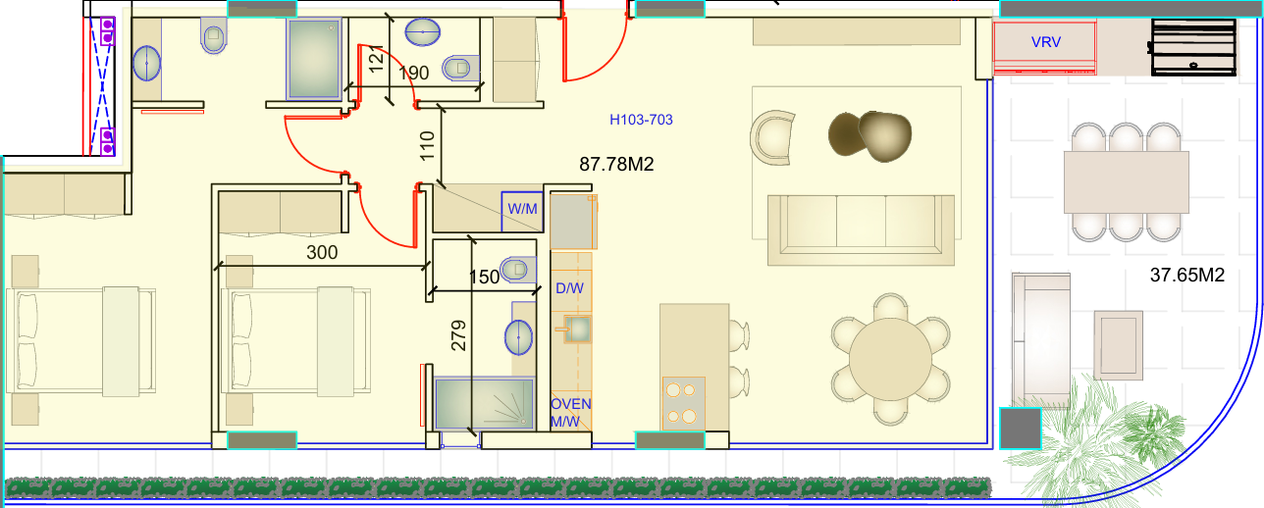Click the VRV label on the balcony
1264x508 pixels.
coord(1045,42)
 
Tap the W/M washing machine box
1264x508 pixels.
coord(522,212)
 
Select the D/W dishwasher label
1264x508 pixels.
coord(569,288)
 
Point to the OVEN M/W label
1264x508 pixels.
coord(570,413)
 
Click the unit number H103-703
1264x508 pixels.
coord(641,120)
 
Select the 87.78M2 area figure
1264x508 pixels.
coord(616,164)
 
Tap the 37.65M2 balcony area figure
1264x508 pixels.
coord(1187,276)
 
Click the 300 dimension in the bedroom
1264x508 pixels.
coord(322,252)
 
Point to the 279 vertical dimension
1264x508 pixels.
coord(458,335)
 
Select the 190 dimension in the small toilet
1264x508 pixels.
coord(413,73)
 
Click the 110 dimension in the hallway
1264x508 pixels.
coord(427,145)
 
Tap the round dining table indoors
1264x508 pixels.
coord(890,359)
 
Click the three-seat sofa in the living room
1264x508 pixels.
coord(861,230)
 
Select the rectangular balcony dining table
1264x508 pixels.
coord(1127,181)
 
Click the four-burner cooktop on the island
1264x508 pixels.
coord(683,402)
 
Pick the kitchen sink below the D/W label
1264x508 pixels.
coord(577,330)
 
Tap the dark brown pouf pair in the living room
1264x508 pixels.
coord(869,136)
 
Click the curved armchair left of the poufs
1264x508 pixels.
coord(772,137)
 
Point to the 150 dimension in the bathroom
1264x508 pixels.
coord(484,277)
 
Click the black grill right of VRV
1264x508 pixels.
coord(1193,47)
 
